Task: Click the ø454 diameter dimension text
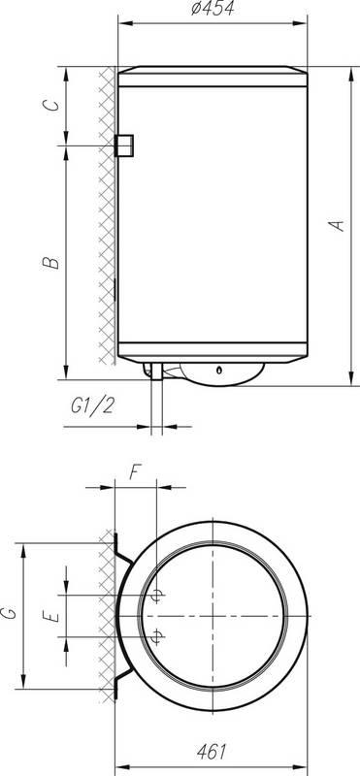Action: click(213, 9)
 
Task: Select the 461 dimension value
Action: click(212, 752)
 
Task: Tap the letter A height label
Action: click(338, 226)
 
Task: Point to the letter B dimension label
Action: click(51, 262)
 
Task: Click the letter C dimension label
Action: click(51, 106)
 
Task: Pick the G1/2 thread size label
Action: click(92, 406)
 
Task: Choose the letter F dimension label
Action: click(135, 472)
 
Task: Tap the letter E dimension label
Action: click(51, 616)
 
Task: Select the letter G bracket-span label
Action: click(9, 614)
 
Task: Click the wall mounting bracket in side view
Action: click(124, 145)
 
